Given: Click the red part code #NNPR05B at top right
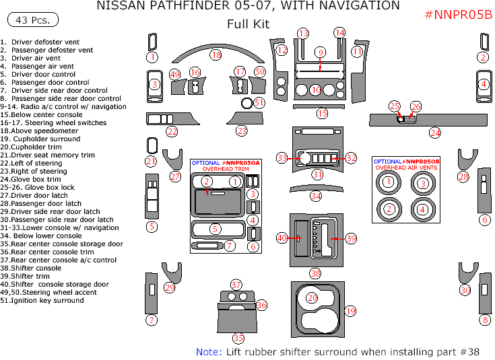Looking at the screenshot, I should point(458,15).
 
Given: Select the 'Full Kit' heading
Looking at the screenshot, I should point(248,24).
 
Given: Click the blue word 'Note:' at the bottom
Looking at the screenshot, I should point(209,351).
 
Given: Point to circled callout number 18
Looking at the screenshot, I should point(216,54).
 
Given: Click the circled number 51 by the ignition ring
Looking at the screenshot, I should point(259,102).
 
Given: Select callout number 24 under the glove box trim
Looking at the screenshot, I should point(435,133).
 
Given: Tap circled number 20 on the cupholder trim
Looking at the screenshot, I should point(312,297).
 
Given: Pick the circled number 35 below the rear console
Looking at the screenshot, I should point(238,338).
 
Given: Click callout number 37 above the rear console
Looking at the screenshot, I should point(236,285).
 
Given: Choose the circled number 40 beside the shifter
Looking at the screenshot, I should point(282,238).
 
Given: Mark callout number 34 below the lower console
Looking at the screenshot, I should point(315,196).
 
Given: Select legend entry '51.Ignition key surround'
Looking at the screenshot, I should point(42,301).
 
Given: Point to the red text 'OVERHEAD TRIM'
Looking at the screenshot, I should point(226,170).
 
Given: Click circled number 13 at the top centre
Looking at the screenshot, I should point(303,33).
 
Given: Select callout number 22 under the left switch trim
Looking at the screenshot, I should point(172,131).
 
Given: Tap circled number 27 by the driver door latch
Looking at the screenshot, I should point(175,176).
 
